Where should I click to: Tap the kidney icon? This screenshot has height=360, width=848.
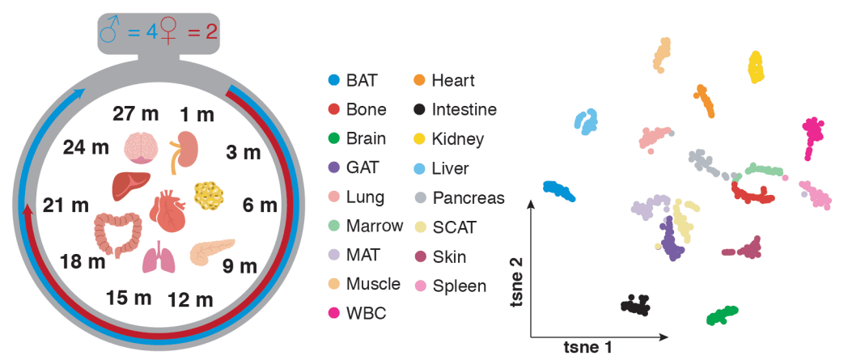pos(185,150)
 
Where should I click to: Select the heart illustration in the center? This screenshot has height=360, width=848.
pos(168,210)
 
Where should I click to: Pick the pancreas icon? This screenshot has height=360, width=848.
pos(212,252)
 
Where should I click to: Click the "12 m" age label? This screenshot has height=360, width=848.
pos(190,300)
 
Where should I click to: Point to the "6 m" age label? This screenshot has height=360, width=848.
pos(260,205)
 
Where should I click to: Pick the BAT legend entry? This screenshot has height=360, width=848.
pos(353,80)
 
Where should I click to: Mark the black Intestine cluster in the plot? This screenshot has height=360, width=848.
pos(636,305)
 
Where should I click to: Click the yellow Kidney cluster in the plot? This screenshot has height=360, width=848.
pos(755,67)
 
